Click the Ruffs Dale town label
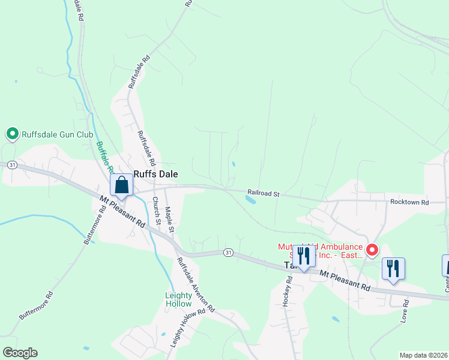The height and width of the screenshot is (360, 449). (x=155, y=173)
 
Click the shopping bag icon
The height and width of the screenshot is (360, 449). (x=121, y=185)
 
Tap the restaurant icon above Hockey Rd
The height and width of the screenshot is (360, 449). (x=304, y=256)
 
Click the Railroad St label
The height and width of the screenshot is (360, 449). (x=264, y=194)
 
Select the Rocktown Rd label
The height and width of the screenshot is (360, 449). (x=409, y=202)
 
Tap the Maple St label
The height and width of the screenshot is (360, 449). (x=169, y=220)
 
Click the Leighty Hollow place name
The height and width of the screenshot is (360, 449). (x=179, y=299)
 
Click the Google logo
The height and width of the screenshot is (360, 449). (x=20, y=352)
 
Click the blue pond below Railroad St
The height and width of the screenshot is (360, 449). (x=251, y=200)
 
